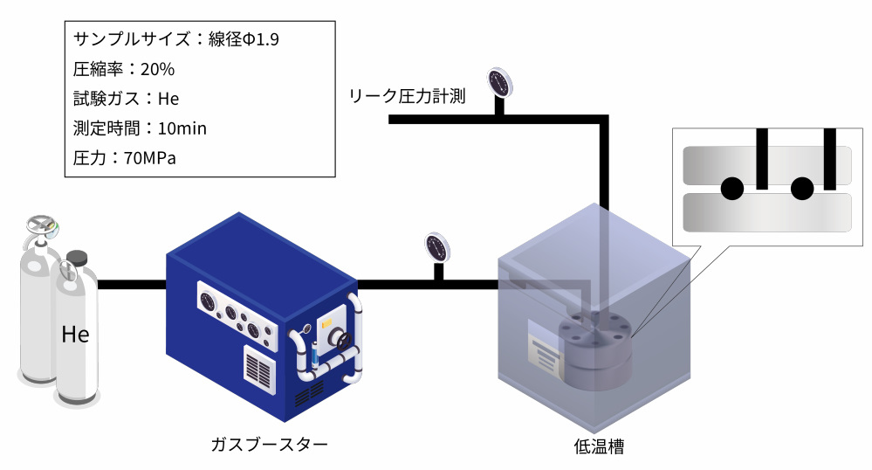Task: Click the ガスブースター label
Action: tap(269, 444)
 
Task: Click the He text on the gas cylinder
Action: tap(75, 334)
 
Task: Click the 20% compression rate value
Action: tap(157, 69)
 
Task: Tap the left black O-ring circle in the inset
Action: tap(731, 187)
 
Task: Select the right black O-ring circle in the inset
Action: tap(801, 187)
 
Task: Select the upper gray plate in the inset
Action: tap(766, 162)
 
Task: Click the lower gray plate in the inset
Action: tap(766, 211)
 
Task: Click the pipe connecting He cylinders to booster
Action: tap(131, 285)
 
